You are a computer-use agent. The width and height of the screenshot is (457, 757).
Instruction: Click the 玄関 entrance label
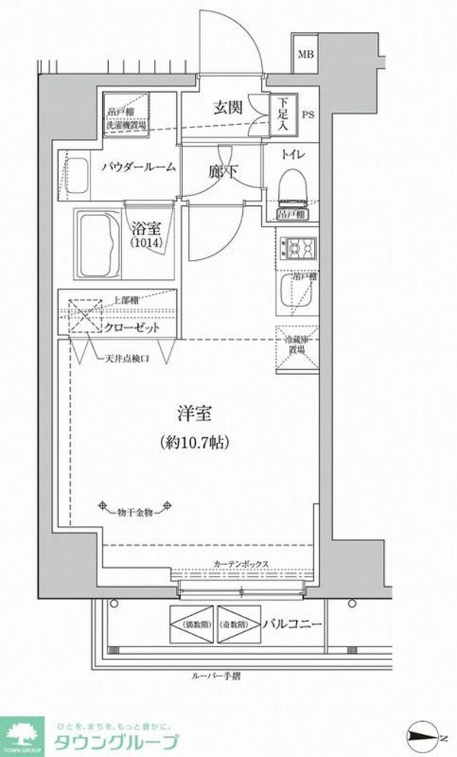[228, 107]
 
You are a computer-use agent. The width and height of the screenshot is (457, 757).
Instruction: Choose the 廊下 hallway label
[222, 172]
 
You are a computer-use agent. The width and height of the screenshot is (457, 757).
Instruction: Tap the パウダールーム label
[140, 166]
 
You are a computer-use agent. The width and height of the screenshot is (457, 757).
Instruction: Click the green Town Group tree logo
[23, 734]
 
